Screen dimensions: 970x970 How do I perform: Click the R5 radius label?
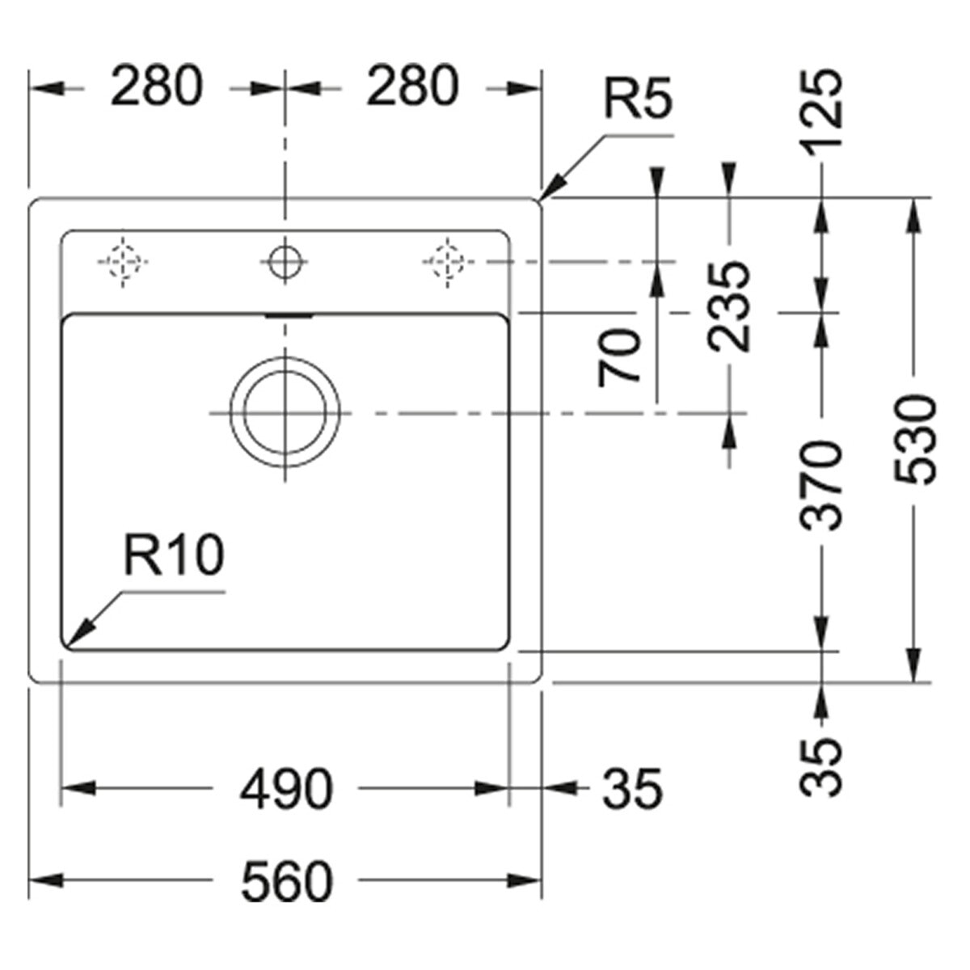[638, 99]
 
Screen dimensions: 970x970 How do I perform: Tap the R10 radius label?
[174, 555]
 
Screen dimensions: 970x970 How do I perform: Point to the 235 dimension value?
[728, 306]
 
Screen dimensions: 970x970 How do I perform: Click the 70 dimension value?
[620, 357]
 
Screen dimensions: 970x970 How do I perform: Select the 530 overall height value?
[914, 441]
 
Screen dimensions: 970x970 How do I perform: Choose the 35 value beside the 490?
[632, 789]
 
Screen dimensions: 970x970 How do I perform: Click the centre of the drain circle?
[285, 413]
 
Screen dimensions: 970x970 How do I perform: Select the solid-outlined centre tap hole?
[285, 262]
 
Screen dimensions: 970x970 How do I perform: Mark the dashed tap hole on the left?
[123, 262]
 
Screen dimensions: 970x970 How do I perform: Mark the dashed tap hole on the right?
[447, 262]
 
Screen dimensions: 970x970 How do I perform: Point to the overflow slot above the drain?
[289, 315]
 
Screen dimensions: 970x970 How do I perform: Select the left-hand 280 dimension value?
[157, 85]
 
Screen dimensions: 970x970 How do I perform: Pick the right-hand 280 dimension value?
[413, 85]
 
